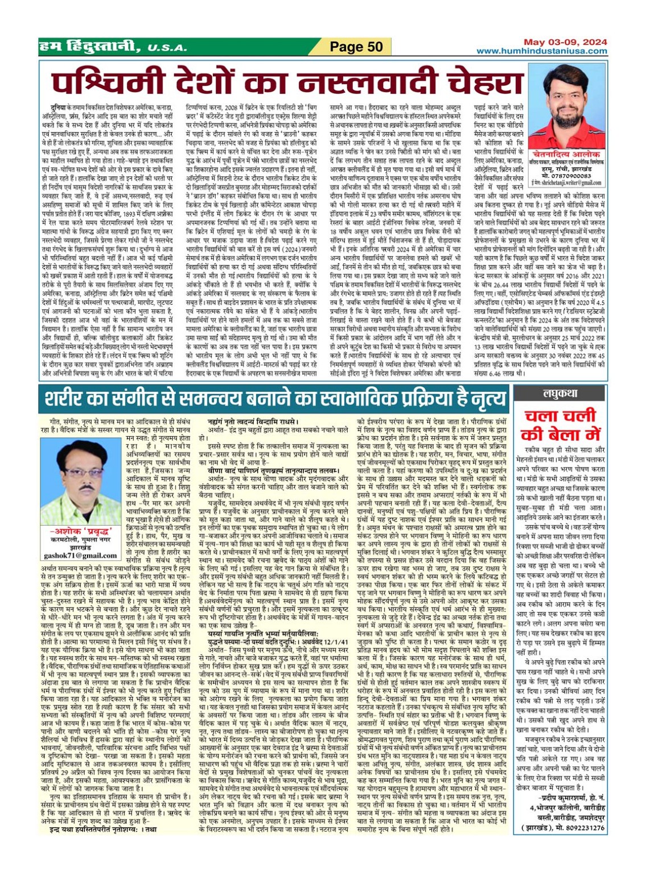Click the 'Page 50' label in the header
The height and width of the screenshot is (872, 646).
(356, 47)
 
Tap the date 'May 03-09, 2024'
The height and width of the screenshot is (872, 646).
(558, 42)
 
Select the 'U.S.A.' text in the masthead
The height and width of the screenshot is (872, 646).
(167, 48)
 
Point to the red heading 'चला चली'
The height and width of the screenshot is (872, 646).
(561, 416)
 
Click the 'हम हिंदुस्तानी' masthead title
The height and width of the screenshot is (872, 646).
(89, 47)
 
